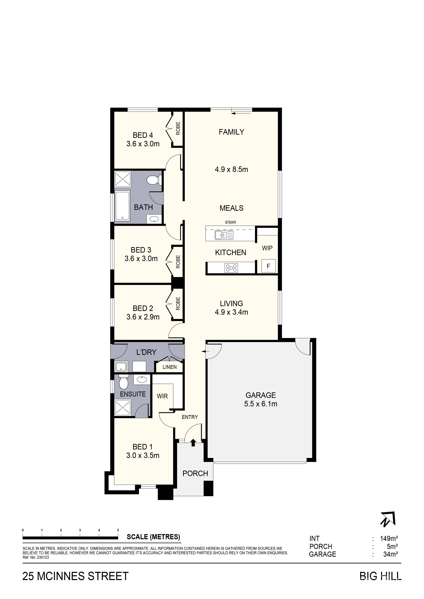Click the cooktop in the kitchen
click(231, 268)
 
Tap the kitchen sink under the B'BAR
click(224, 235)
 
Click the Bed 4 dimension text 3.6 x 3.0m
click(143, 144)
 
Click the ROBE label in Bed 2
click(178, 303)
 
